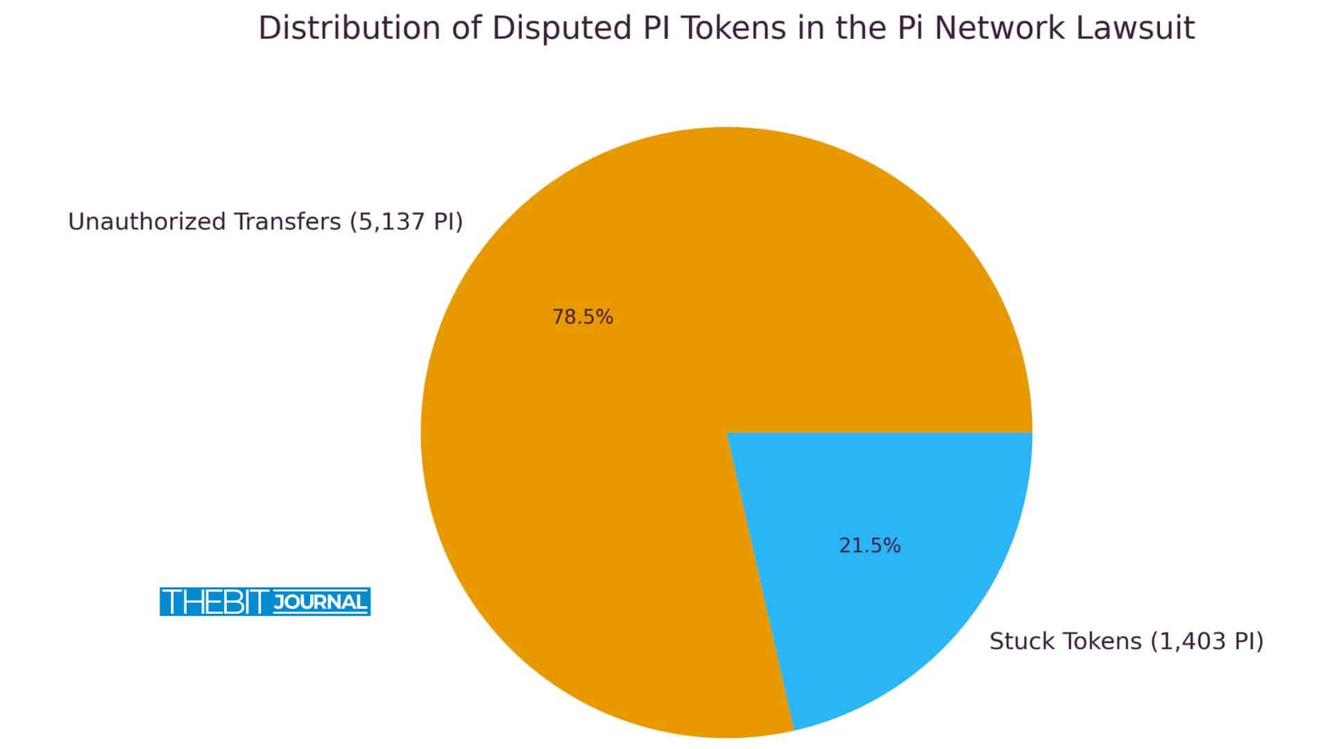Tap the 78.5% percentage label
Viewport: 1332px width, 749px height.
(x=583, y=317)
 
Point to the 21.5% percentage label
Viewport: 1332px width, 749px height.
(x=869, y=546)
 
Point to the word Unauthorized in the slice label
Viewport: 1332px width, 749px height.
(x=146, y=222)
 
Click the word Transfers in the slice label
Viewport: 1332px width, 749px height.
(x=287, y=222)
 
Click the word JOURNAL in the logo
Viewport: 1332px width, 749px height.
(x=320, y=602)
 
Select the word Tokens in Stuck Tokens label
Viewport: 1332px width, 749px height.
(x=1096, y=641)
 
